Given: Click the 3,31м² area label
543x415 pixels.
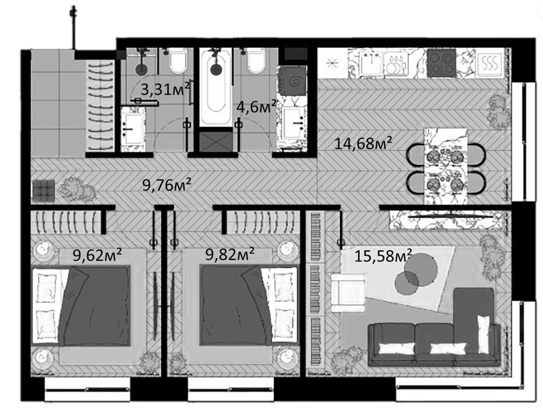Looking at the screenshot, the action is [x=165, y=89].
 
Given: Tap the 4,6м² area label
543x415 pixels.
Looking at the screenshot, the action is [x=256, y=106].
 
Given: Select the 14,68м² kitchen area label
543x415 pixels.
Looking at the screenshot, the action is [x=363, y=143].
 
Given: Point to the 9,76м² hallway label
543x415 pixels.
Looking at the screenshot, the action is [x=167, y=185].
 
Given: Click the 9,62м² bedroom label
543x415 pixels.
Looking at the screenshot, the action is [x=97, y=256].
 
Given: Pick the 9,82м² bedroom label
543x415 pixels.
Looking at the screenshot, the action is [x=230, y=255].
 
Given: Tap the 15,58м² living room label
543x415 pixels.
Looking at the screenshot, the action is [x=383, y=256].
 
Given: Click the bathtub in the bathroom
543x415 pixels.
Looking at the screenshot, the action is [x=215, y=87].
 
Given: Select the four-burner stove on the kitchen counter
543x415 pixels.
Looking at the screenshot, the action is [x=441, y=63].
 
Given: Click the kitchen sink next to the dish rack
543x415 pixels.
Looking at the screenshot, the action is [x=371, y=63].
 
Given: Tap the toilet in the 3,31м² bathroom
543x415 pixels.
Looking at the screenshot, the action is [x=179, y=62].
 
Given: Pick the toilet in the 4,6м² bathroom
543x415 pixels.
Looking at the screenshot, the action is [x=256, y=62].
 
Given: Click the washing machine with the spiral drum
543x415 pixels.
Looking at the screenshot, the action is [x=293, y=80].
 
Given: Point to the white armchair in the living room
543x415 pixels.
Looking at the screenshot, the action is [x=348, y=293].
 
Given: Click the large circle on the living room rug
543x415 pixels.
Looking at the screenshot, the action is [x=421, y=269].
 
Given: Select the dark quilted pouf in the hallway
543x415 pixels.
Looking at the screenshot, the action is [x=43, y=191].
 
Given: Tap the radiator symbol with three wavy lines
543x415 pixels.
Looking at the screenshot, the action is [x=491, y=63].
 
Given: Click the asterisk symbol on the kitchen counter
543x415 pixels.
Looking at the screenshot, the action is [x=331, y=63].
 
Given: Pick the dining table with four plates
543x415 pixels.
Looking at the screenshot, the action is [x=446, y=166].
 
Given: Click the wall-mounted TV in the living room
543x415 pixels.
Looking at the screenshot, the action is [x=450, y=217].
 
